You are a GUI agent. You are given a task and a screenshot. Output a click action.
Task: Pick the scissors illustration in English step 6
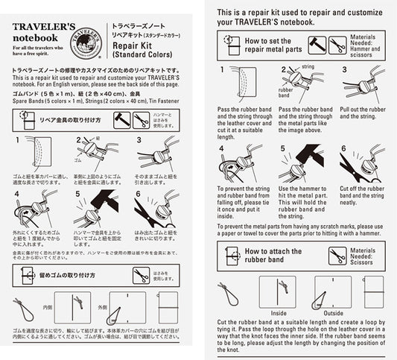coord(361,165)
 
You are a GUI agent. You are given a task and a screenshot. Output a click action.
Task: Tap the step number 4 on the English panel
coord(220,148)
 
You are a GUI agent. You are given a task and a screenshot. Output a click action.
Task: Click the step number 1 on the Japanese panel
coord(16,140)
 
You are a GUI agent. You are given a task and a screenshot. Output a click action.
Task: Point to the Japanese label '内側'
coord(49,306)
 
